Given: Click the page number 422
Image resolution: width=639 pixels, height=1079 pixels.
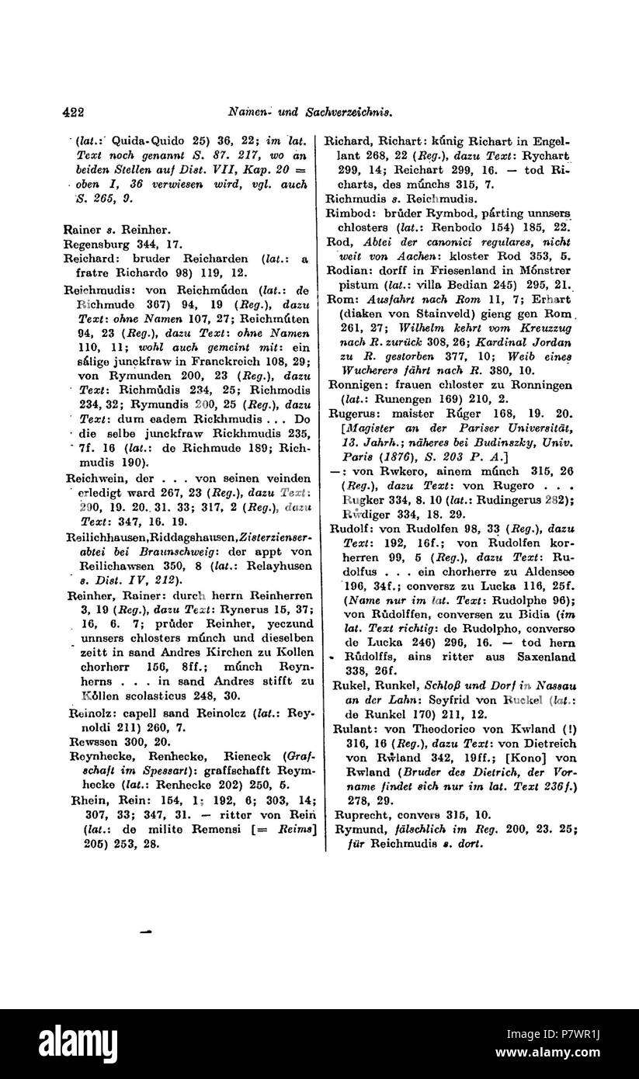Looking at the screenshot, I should tap(73, 112).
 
